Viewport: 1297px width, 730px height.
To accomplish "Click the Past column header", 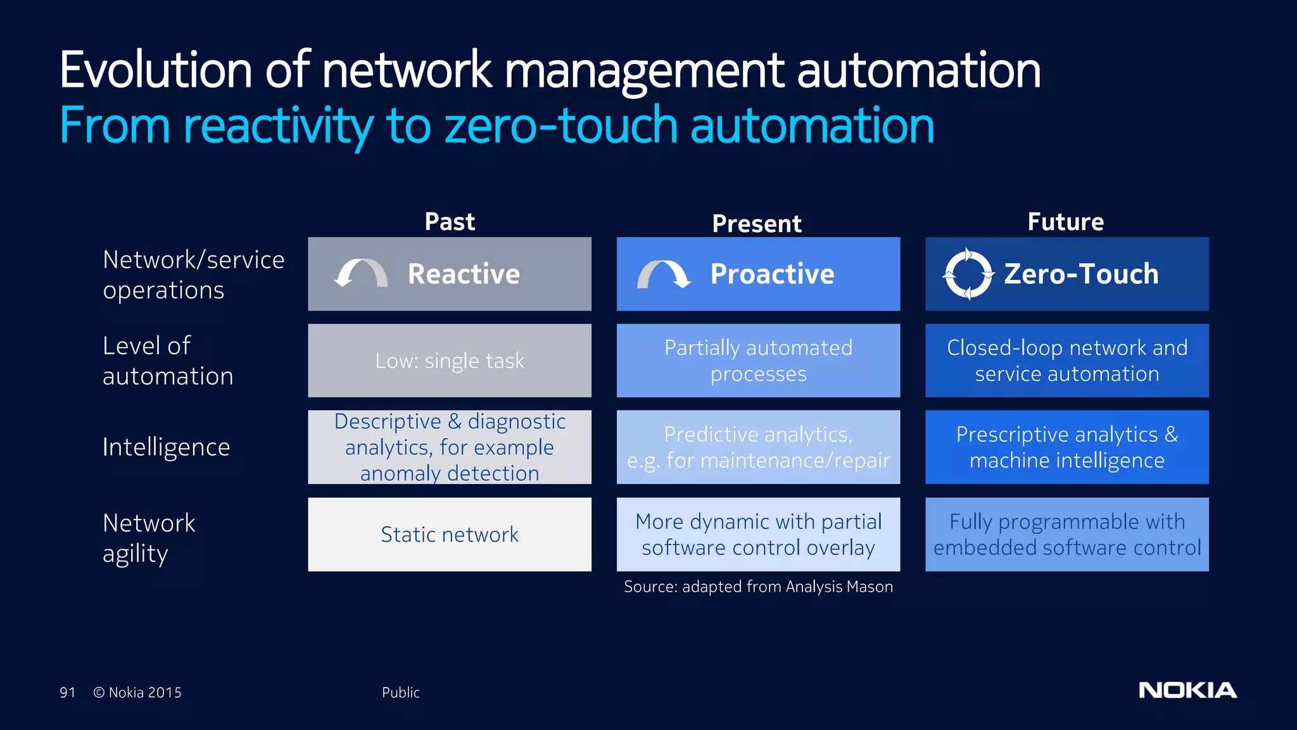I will click(450, 222).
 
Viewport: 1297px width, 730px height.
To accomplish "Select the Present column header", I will click(757, 224).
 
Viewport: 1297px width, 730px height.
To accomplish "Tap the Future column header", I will click(1066, 222).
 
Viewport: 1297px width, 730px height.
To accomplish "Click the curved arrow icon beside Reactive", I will click(361, 274).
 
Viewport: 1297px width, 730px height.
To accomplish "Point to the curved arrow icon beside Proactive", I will click(663, 274).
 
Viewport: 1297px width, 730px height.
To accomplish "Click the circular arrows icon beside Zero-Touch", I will click(967, 274).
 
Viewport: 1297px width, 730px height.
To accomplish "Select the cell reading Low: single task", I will click(450, 361).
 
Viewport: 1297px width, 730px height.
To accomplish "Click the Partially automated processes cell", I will click(758, 361).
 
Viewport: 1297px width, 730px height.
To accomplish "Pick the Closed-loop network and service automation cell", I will click(1067, 361).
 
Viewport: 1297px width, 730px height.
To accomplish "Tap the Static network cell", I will click(450, 534).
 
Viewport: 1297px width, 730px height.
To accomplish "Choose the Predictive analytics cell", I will click(758, 447).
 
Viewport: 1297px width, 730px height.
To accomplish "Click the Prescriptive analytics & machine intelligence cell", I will click(1067, 447).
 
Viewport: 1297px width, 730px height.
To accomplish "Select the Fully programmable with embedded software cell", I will click(1067, 534).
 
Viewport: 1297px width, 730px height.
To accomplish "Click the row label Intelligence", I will click(167, 447).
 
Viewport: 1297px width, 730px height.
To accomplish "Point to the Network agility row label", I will click(149, 538).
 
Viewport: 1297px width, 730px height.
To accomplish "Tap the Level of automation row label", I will click(168, 361).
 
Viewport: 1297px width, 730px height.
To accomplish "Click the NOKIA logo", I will click(1187, 690).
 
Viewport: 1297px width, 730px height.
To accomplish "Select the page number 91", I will click(67, 693).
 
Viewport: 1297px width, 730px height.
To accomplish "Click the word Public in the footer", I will click(400, 693).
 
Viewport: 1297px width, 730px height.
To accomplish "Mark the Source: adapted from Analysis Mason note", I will click(758, 587).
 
